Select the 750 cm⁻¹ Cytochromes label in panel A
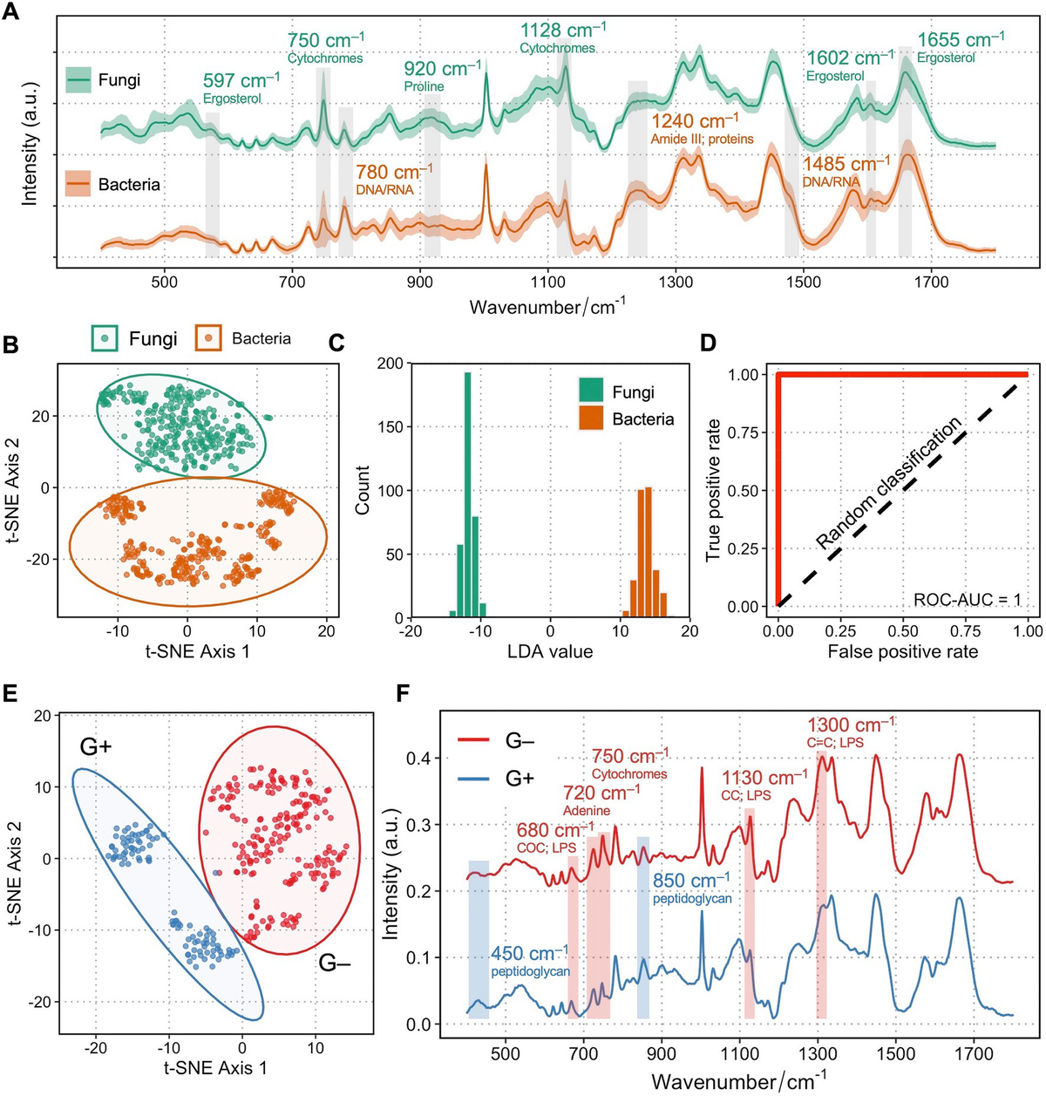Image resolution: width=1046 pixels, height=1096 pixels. point(325,47)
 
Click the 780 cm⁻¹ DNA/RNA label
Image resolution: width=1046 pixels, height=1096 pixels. point(393,178)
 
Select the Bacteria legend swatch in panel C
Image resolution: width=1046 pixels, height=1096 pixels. point(592,419)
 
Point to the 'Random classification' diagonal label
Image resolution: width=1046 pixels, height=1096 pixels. point(888,482)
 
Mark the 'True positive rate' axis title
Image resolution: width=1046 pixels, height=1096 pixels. point(713,490)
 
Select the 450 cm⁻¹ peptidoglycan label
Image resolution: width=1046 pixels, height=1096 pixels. point(530,960)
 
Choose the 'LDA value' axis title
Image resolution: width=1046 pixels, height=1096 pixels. point(550,650)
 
